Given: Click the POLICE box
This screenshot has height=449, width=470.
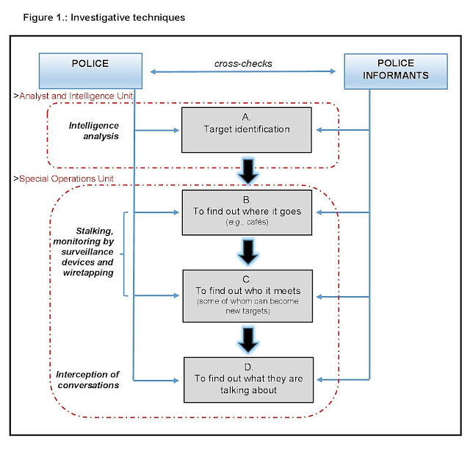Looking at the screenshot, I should click(91, 68).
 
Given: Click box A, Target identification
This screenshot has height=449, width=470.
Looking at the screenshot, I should click(248, 129).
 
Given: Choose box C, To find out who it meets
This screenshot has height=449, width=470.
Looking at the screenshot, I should click(248, 295).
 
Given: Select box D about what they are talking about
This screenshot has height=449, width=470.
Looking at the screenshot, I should click(248, 380).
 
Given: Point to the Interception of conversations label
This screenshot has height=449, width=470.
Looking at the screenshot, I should click(88, 378).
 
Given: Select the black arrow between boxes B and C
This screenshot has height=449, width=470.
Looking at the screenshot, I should click(248, 252).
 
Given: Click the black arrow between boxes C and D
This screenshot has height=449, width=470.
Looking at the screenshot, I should click(248, 338).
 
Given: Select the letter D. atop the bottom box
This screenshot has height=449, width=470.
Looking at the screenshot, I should click(248, 367).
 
